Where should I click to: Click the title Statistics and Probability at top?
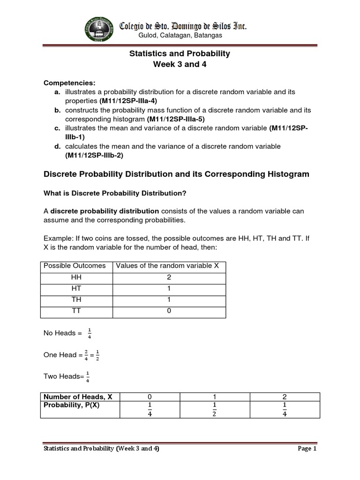click(x=180, y=53)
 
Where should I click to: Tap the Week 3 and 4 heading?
click(x=180, y=65)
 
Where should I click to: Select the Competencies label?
click(x=69, y=83)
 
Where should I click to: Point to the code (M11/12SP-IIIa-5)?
click(x=176, y=119)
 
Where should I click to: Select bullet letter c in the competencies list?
click(x=57, y=128)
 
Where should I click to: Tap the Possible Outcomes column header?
click(x=75, y=266)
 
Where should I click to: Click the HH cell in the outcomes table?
click(x=75, y=277)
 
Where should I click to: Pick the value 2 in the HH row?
click(x=169, y=277)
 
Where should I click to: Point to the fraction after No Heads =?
click(x=89, y=333)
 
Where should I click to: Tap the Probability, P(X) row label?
click(x=71, y=405)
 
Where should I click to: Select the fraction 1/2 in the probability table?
click(x=214, y=409)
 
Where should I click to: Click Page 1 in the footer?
click(x=307, y=449)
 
